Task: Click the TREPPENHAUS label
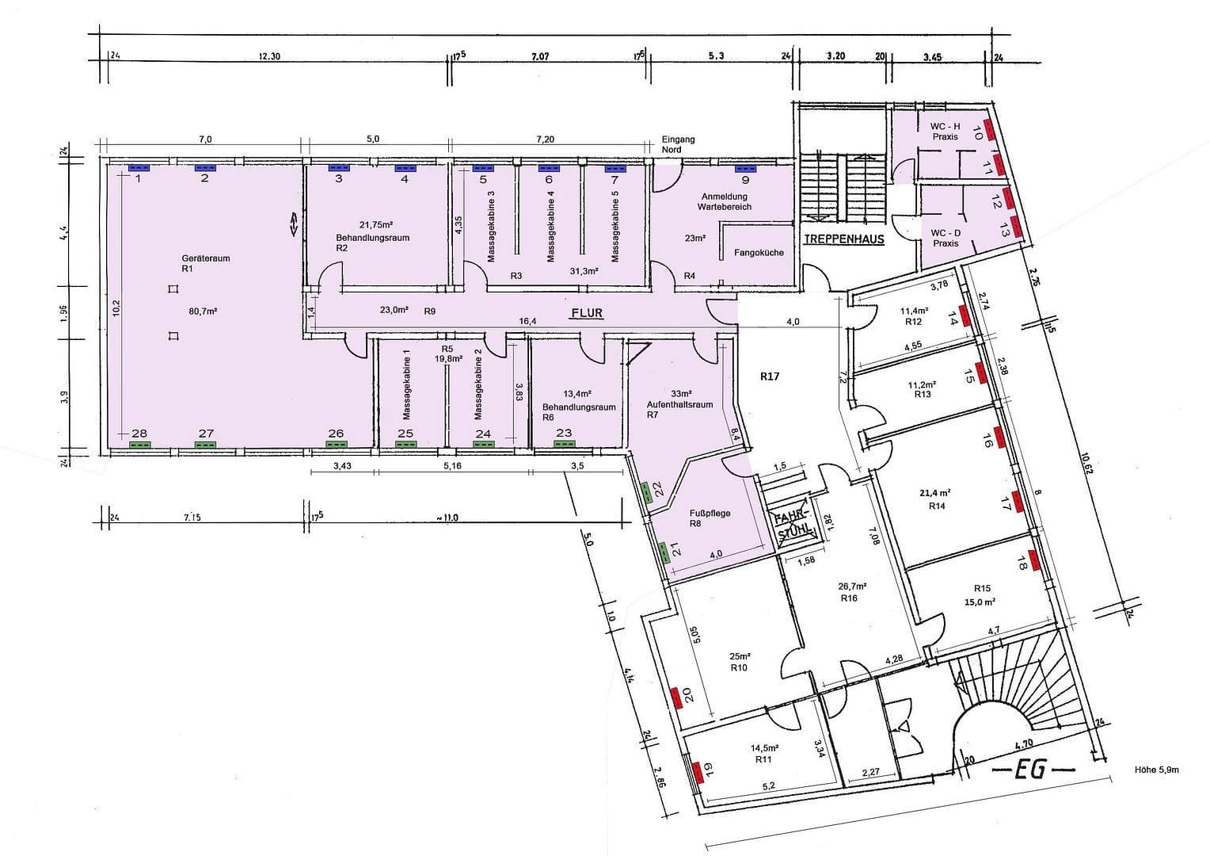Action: click(x=843, y=239)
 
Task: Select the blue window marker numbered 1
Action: click(x=139, y=168)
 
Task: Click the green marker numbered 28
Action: click(x=139, y=445)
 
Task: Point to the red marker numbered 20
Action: click(x=676, y=697)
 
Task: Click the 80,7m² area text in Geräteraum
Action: click(x=203, y=311)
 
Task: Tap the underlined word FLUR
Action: click(x=587, y=313)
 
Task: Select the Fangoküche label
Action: click(x=759, y=253)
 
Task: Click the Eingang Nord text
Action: click(x=678, y=144)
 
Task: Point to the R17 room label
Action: click(x=770, y=376)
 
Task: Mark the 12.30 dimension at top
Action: click(x=269, y=56)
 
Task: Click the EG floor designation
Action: click(x=1033, y=768)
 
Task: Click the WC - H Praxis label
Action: click(x=945, y=132)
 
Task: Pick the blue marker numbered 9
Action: click(x=744, y=168)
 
